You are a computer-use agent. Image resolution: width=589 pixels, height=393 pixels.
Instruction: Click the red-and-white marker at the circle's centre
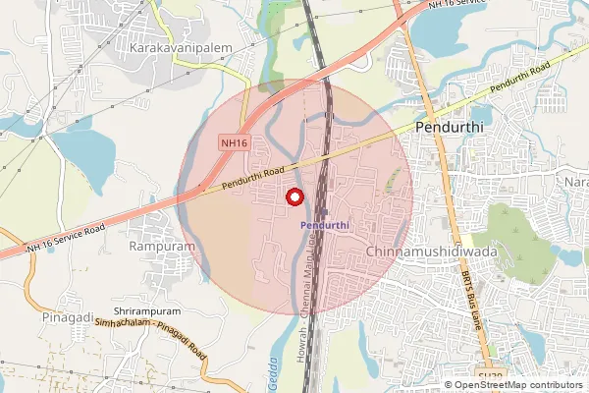point(294,196)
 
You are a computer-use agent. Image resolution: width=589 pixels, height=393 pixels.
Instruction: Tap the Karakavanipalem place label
point(171,46)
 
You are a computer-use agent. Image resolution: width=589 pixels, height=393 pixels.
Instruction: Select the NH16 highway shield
point(235,142)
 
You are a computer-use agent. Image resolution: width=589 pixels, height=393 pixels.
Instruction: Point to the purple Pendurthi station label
point(324,225)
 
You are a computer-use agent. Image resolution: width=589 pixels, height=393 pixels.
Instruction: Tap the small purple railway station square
point(323,210)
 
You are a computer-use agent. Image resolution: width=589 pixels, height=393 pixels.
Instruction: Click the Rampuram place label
point(161,247)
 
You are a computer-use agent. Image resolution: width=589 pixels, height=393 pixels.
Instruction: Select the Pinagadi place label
point(69,318)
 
